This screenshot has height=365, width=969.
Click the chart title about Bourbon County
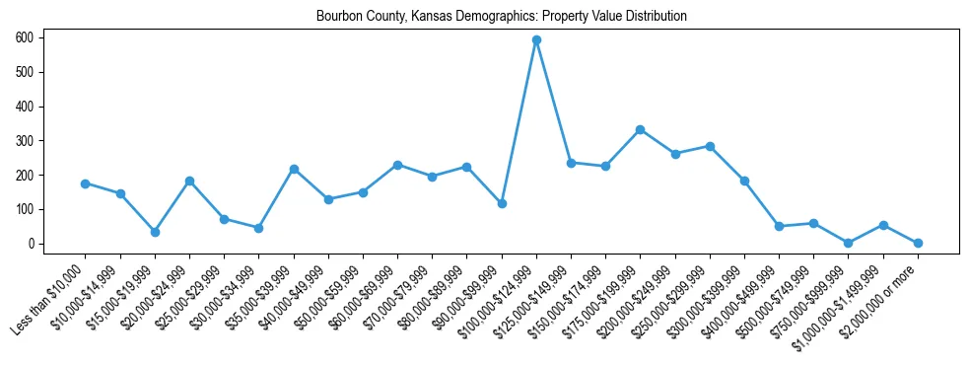pyautogui.click(x=501, y=17)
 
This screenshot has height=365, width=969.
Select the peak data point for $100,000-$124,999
pyautogui.click(x=536, y=40)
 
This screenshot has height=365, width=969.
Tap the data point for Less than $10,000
pyautogui.click(x=86, y=183)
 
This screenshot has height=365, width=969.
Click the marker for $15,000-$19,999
pyautogui.click(x=155, y=232)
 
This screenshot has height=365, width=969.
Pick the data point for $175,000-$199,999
pyautogui.click(x=641, y=129)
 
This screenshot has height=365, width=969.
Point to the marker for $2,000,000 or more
pyautogui.click(x=918, y=243)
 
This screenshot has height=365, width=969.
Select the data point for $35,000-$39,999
pyautogui.click(x=294, y=169)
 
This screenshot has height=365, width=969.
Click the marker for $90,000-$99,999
pyautogui.click(x=502, y=203)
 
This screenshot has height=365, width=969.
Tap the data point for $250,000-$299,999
pyautogui.click(x=710, y=146)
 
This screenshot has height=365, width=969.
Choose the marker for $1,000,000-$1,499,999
pyautogui.click(x=883, y=225)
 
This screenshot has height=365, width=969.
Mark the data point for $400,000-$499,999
pyautogui.click(x=779, y=226)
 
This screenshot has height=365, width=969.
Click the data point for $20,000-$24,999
pyautogui.click(x=189, y=181)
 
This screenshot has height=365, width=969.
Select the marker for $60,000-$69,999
pyautogui.click(x=397, y=165)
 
